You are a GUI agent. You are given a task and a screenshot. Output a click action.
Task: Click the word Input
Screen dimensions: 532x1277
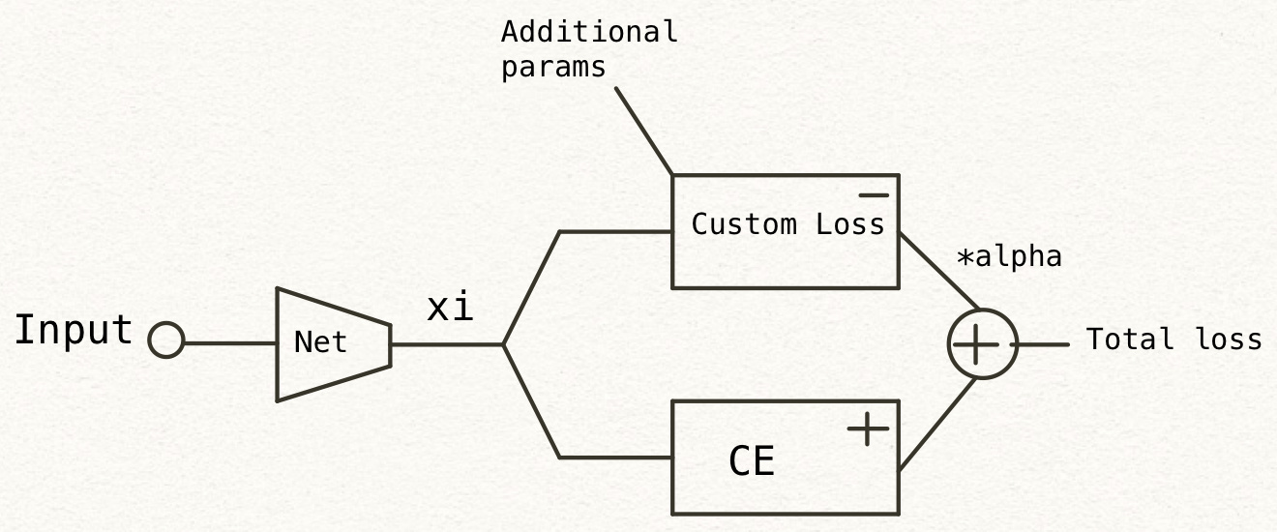coord(74,331)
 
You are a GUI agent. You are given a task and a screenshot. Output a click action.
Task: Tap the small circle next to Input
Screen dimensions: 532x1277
coord(166,341)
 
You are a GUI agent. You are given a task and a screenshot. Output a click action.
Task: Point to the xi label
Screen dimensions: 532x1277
coord(451,308)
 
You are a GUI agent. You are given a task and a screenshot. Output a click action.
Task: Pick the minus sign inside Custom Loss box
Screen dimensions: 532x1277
coord(873,195)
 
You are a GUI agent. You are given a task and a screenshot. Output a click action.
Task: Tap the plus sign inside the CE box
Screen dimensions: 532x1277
coord(868,429)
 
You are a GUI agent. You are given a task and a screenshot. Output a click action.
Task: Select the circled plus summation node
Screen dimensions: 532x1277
coord(982,344)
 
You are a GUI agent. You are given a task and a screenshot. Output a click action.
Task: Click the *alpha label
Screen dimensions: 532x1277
coord(1009,257)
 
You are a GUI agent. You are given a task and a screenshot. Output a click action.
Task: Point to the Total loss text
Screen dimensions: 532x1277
coord(1173,340)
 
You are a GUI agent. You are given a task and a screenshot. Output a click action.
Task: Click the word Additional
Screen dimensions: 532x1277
coord(589,32)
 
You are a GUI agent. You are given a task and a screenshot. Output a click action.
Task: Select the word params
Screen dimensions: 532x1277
coord(553,68)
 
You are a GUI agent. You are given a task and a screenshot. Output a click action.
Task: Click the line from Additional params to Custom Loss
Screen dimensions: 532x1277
coord(643,132)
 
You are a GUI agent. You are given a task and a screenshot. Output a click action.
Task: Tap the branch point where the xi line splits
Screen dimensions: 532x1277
coord(503,344)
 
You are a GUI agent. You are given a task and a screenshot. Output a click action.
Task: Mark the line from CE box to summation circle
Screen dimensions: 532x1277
coord(936,425)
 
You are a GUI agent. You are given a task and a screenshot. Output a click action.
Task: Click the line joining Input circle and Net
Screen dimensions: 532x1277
coord(230,342)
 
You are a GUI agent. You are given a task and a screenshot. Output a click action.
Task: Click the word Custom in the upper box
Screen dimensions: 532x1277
coord(731,225)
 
